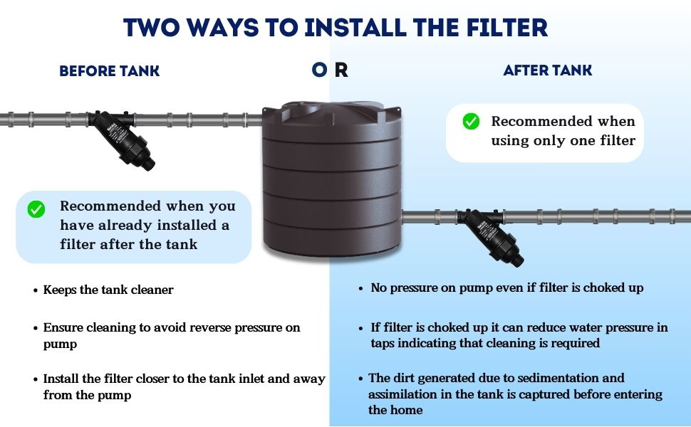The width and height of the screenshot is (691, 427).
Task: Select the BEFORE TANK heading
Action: (109, 71)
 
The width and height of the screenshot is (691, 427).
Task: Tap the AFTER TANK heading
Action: (547, 70)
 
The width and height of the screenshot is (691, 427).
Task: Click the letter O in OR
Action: (320, 69)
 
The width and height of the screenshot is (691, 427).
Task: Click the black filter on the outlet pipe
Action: (490, 235)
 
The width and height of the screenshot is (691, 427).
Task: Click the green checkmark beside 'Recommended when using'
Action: (471, 121)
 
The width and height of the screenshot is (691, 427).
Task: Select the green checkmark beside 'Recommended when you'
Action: (36, 209)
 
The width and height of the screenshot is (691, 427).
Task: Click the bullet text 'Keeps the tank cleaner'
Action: (108, 290)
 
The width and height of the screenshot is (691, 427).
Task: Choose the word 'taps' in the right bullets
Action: (383, 344)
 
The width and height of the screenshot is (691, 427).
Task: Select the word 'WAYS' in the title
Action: (222, 27)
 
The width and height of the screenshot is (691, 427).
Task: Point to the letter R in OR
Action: (341, 70)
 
